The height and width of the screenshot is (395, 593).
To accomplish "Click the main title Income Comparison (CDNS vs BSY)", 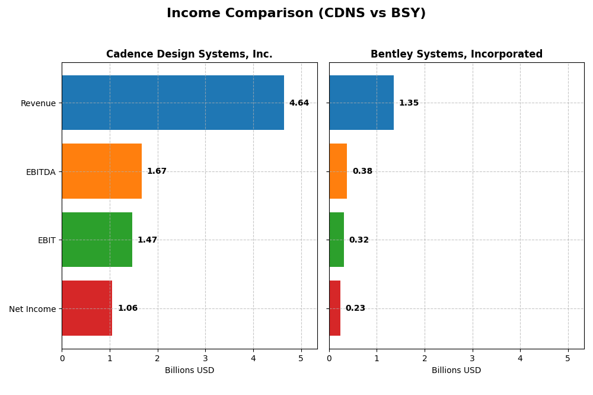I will pyautogui.click(x=296, y=13).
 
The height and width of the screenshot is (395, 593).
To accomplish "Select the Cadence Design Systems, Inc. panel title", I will pyautogui.click(x=189, y=54).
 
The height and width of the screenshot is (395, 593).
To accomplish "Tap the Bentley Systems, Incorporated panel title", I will pyautogui.click(x=456, y=54).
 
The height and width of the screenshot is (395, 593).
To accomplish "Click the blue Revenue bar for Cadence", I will pyautogui.click(x=173, y=103).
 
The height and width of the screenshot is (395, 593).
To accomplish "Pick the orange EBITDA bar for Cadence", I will pyautogui.click(x=101, y=171).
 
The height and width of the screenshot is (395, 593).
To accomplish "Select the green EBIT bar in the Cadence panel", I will pyautogui.click(x=97, y=240).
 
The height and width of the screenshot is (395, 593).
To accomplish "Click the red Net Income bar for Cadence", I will pyautogui.click(x=87, y=308).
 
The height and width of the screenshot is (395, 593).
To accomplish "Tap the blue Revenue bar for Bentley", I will pyautogui.click(x=361, y=103).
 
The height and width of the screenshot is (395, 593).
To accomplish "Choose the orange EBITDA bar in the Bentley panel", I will pyautogui.click(x=338, y=171).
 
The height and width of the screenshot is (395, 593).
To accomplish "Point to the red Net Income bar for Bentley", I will pyautogui.click(x=334, y=308).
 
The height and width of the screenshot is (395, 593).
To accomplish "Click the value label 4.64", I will pyautogui.click(x=299, y=103).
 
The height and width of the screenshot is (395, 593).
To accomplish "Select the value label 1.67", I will pyautogui.click(x=157, y=171).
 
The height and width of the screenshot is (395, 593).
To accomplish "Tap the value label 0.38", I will pyautogui.click(x=362, y=171).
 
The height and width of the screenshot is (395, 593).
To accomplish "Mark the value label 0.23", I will pyautogui.click(x=355, y=308).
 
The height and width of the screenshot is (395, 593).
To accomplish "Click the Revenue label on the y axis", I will pyautogui.click(x=38, y=103).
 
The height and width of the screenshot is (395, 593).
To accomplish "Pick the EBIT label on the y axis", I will pyautogui.click(x=46, y=240).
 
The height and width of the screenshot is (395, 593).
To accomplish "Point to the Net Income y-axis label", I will pyautogui.click(x=32, y=309).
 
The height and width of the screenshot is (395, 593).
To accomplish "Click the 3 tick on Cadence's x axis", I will pyautogui.click(x=205, y=358).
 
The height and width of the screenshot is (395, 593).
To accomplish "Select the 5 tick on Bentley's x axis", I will pyautogui.click(x=568, y=358).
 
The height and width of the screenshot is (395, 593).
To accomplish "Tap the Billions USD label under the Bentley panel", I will pyautogui.click(x=456, y=370).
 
